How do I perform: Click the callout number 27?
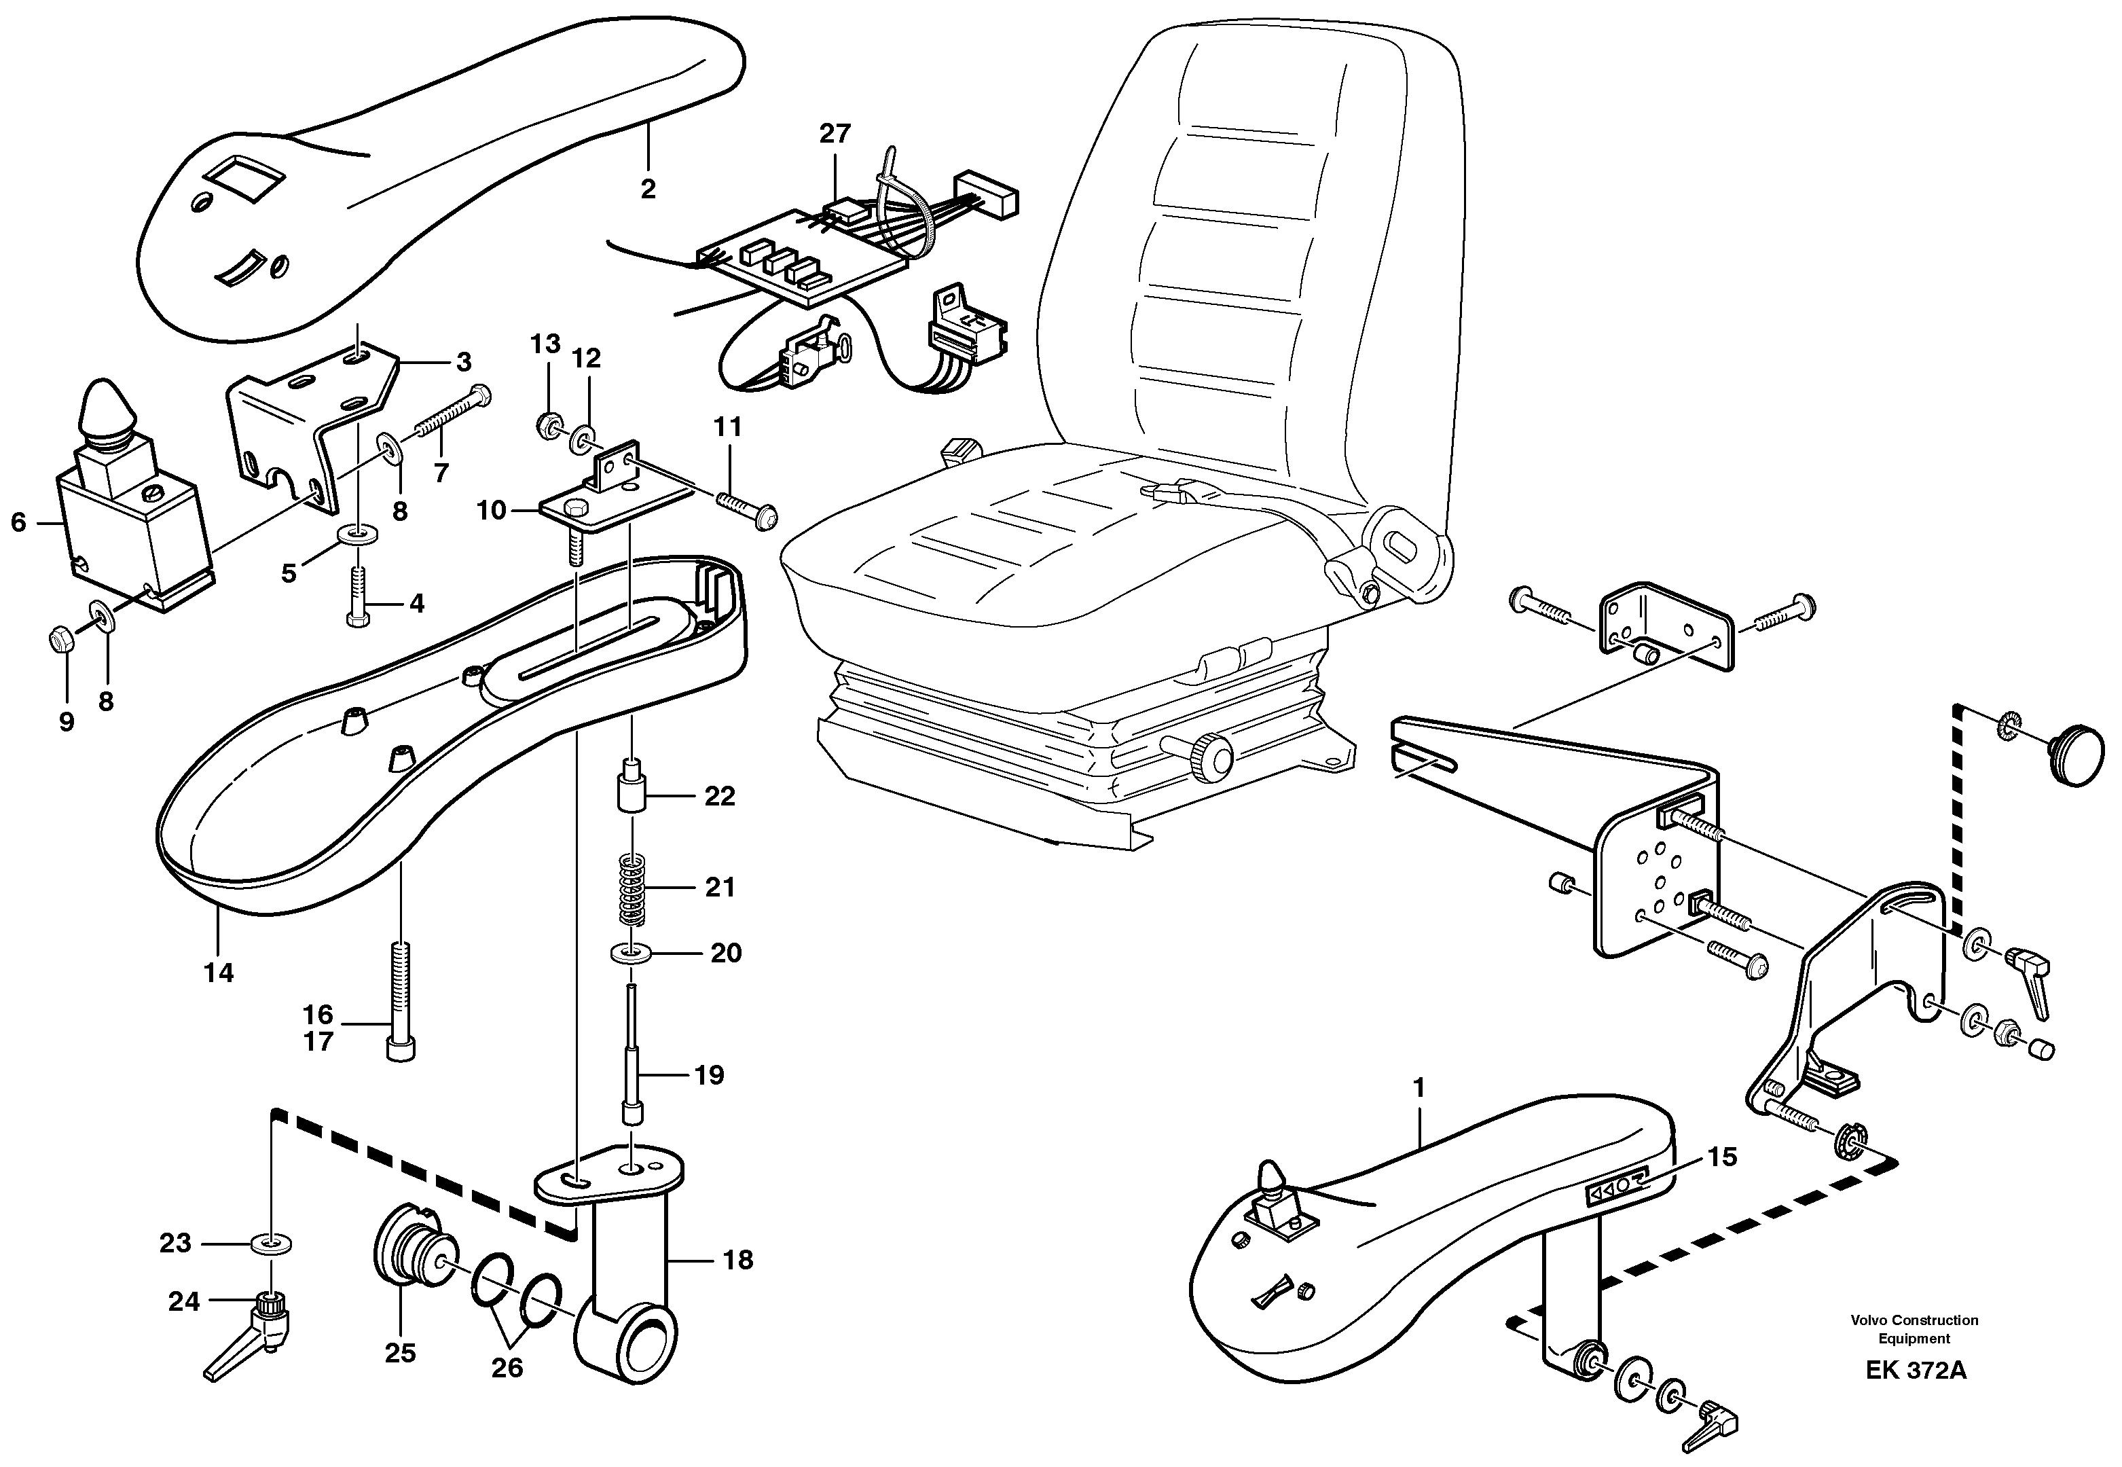coord(835,134)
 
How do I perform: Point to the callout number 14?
coord(219,973)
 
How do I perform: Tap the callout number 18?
coord(738,1259)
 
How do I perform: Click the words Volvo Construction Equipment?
coord(1914,1329)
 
